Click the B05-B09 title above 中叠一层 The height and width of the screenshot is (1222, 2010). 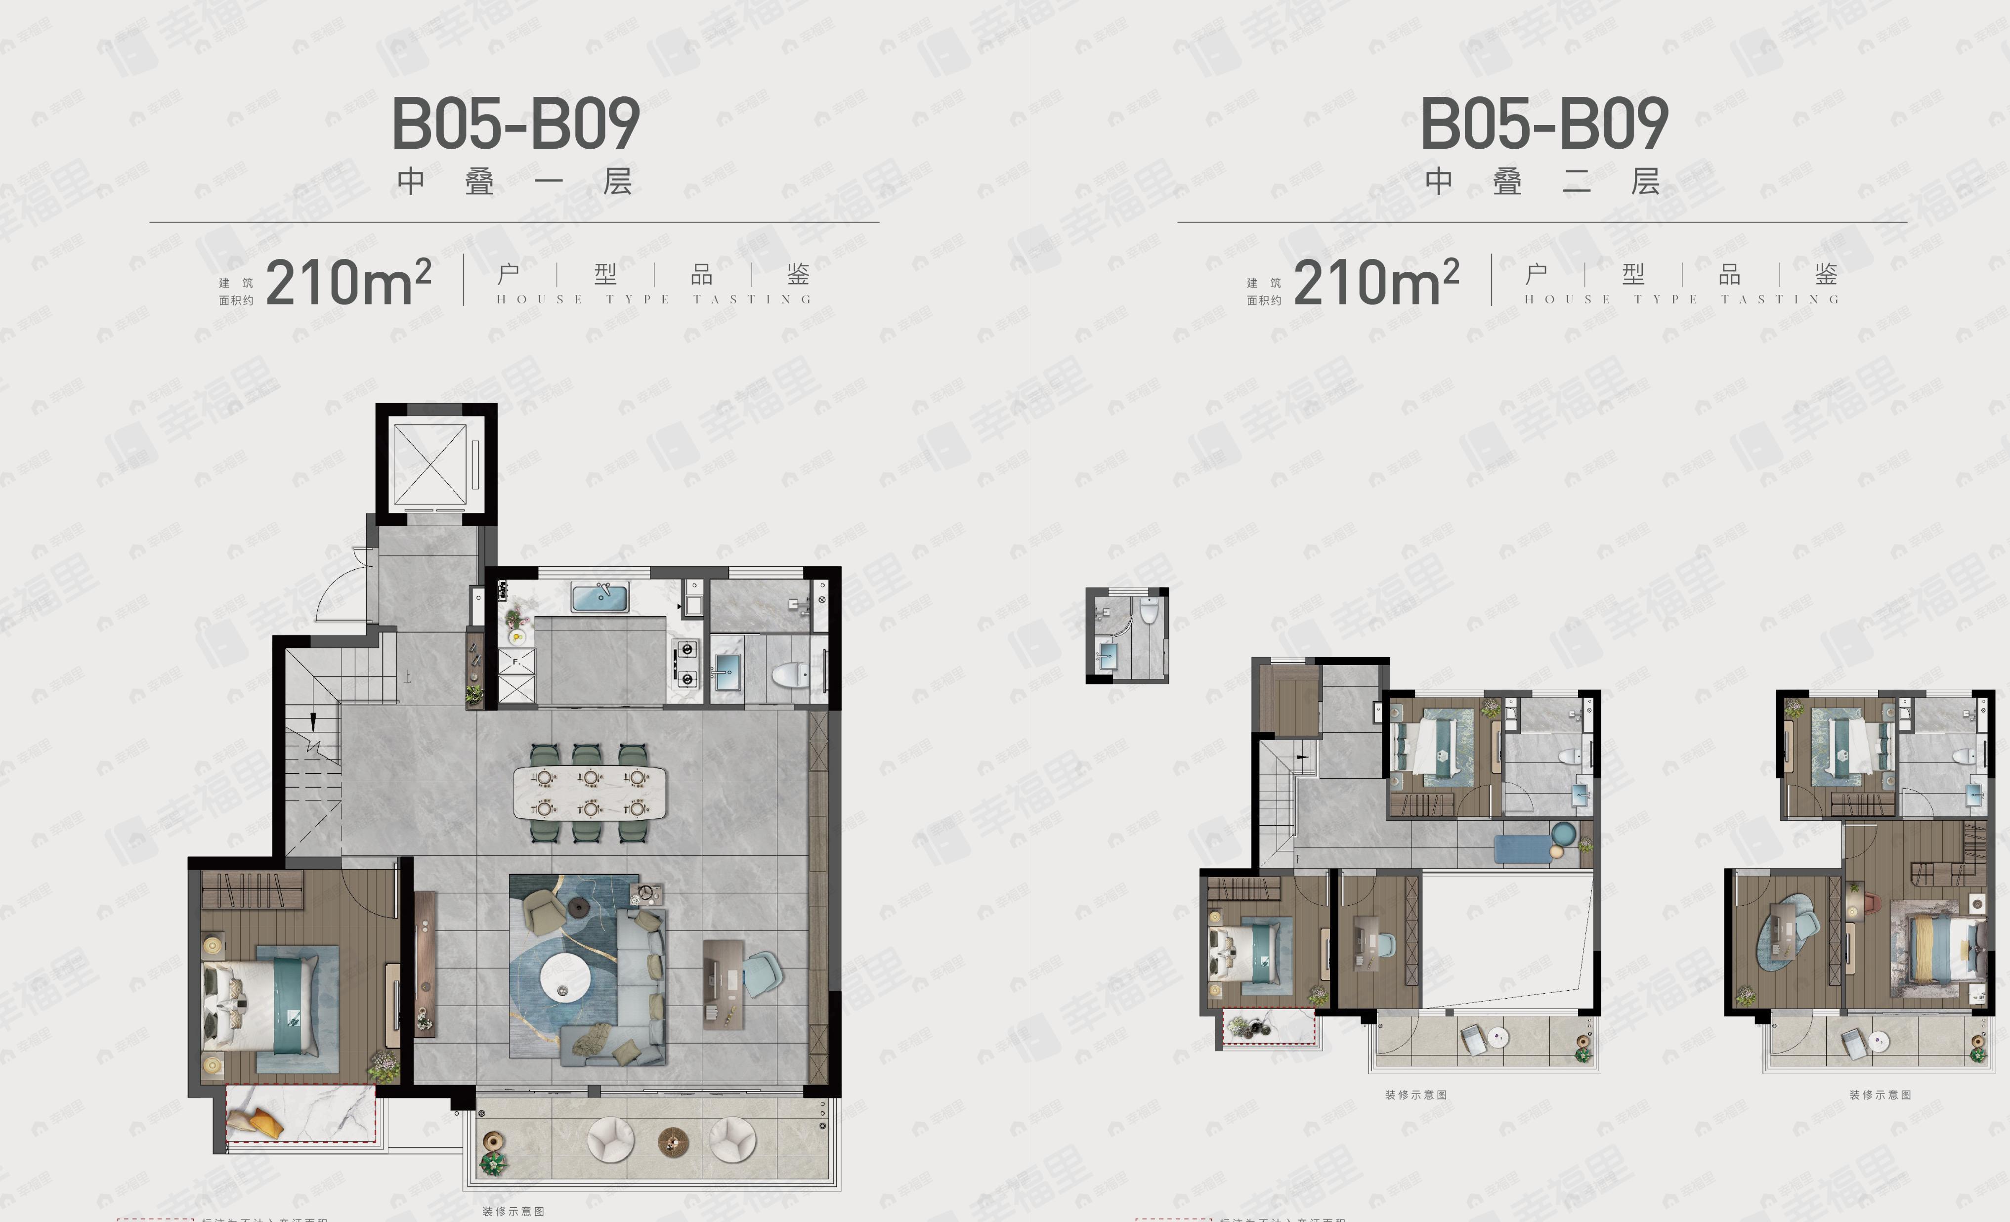[515, 124]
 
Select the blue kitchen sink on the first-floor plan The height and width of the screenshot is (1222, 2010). [599, 598]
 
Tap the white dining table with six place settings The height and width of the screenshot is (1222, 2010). [589, 792]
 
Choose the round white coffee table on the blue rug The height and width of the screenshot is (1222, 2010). [564, 977]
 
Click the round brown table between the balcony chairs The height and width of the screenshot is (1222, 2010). [672, 1139]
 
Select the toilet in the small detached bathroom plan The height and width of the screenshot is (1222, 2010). [1149, 609]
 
